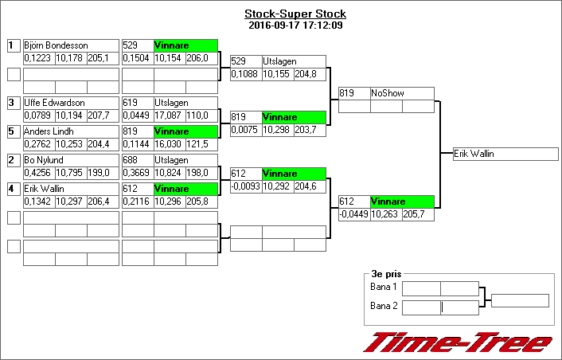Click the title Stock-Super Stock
[x=295, y=14]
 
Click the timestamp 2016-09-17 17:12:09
[x=295, y=25]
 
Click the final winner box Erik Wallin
[x=500, y=154]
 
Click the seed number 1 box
[x=13, y=45]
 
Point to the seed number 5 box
[x=13, y=131]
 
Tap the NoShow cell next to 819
[x=402, y=93]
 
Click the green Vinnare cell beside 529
[x=185, y=45]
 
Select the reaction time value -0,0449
[x=353, y=214]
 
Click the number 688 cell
[x=137, y=160]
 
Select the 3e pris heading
[x=386, y=272]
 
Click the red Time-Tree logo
[x=457, y=342]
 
